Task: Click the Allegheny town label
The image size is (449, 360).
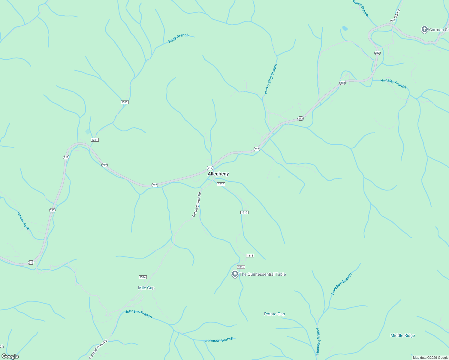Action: pyautogui.click(x=218, y=174)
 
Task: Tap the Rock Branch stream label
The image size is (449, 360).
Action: pyautogui.click(x=178, y=38)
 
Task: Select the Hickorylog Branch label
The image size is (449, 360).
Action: pyautogui.click(x=270, y=79)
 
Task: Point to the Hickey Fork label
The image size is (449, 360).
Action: pyautogui.click(x=23, y=221)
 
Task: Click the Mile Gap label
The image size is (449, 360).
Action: pyautogui.click(x=146, y=288)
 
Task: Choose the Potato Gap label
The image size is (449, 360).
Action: pyautogui.click(x=274, y=314)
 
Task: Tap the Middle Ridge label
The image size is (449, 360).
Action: pyautogui.click(x=402, y=335)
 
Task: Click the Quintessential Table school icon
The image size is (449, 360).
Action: pyautogui.click(x=235, y=274)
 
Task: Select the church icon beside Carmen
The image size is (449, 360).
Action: pyautogui.click(x=424, y=29)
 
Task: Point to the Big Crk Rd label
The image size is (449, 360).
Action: pyautogui.click(x=395, y=16)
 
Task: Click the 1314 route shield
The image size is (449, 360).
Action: pyautogui.click(x=143, y=277)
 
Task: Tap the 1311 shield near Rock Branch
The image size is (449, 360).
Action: pyautogui.click(x=125, y=102)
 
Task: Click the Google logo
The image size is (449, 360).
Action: pyautogui.click(x=10, y=356)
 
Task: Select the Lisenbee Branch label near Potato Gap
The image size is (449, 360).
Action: pyautogui.click(x=341, y=284)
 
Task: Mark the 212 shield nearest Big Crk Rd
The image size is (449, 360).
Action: pyautogui.click(x=377, y=53)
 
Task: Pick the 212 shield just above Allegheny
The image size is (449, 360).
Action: pyautogui.click(x=210, y=168)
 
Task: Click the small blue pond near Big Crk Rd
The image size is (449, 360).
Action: pyautogui.click(x=345, y=28)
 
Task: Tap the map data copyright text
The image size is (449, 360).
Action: pyautogui.click(x=430, y=358)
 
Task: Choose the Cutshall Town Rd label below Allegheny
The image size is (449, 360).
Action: pyautogui.click(x=197, y=205)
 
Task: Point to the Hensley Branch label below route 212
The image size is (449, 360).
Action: pyautogui.click(x=393, y=84)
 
